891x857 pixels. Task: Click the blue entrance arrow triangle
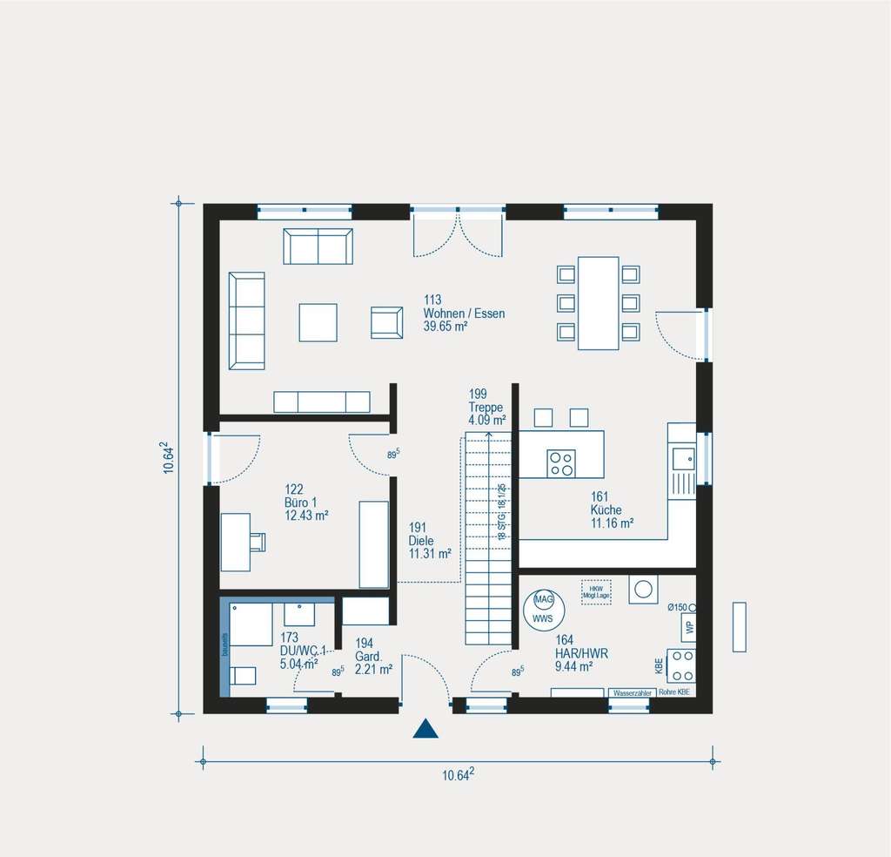point(425,729)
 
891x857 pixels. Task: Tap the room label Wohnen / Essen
point(463,314)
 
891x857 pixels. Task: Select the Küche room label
point(606,509)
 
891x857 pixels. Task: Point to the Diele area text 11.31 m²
point(430,553)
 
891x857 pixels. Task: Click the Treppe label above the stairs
point(486,407)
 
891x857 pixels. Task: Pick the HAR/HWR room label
point(574,652)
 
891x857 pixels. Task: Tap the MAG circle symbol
point(544,601)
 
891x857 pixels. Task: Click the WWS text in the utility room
point(543,618)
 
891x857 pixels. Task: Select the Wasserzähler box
point(632,692)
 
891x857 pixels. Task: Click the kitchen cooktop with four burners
point(560,463)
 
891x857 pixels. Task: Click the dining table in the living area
point(599,302)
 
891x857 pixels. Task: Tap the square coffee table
point(318,322)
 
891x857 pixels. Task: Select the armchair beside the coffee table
point(386,322)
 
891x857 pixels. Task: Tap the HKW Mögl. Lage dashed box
point(596,592)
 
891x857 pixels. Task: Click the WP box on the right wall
point(688,625)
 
